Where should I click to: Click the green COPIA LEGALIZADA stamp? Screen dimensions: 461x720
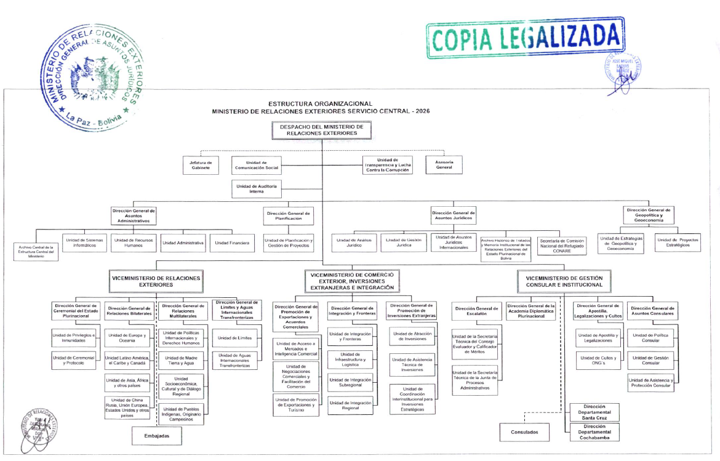point(525,38)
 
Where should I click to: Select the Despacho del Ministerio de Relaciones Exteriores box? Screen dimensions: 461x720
point(321,130)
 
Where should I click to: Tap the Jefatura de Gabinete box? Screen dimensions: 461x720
point(201,165)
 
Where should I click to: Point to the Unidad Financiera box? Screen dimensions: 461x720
point(232,243)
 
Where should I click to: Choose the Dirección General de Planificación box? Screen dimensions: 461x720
point(288,215)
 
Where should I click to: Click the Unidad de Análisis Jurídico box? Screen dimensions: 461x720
point(354,243)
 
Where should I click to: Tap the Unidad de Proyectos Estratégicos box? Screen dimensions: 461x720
point(678,243)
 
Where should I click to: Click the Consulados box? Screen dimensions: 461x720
point(529,432)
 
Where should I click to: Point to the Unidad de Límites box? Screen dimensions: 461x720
point(234,337)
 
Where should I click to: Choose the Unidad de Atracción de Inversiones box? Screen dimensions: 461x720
point(412,337)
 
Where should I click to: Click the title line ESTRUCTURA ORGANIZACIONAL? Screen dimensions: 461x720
point(320,103)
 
